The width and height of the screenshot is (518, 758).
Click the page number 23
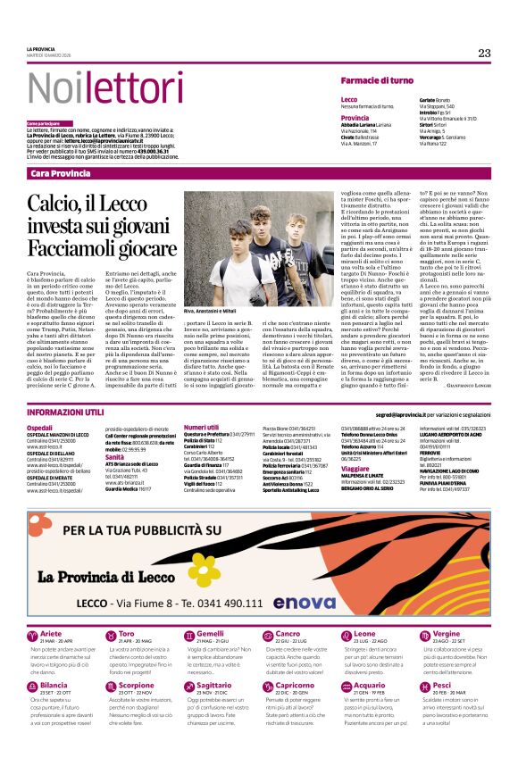tap(484, 53)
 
